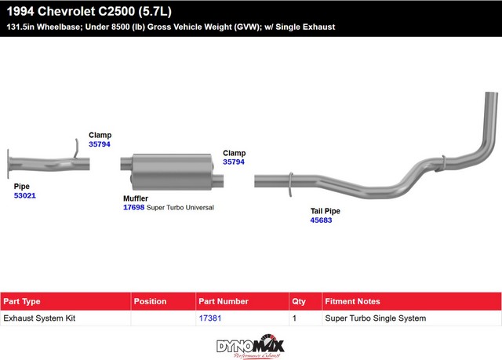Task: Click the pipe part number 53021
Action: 24,195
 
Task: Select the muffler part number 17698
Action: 134,207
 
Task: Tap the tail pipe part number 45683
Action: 321,220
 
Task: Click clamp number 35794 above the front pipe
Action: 100,144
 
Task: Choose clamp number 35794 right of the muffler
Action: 234,162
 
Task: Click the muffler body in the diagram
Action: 172,172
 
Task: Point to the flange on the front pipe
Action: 9,164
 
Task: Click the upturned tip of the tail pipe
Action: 492,94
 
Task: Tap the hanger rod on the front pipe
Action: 77,148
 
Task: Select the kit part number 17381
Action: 210,318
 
